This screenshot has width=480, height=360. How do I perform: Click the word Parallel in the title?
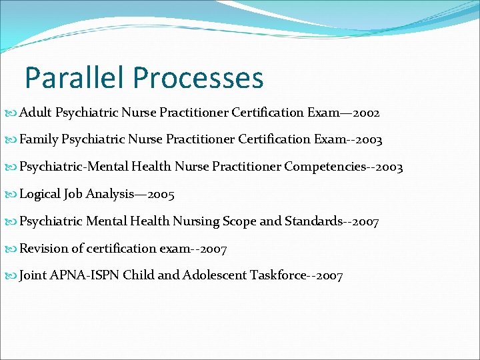(x=75, y=77)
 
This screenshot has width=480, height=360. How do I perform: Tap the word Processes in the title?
(x=198, y=77)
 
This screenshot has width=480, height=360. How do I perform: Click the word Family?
(x=39, y=140)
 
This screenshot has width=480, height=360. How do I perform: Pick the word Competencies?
(x=323, y=167)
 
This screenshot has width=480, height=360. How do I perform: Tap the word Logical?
(x=40, y=194)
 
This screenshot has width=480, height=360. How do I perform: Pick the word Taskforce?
(x=277, y=275)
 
